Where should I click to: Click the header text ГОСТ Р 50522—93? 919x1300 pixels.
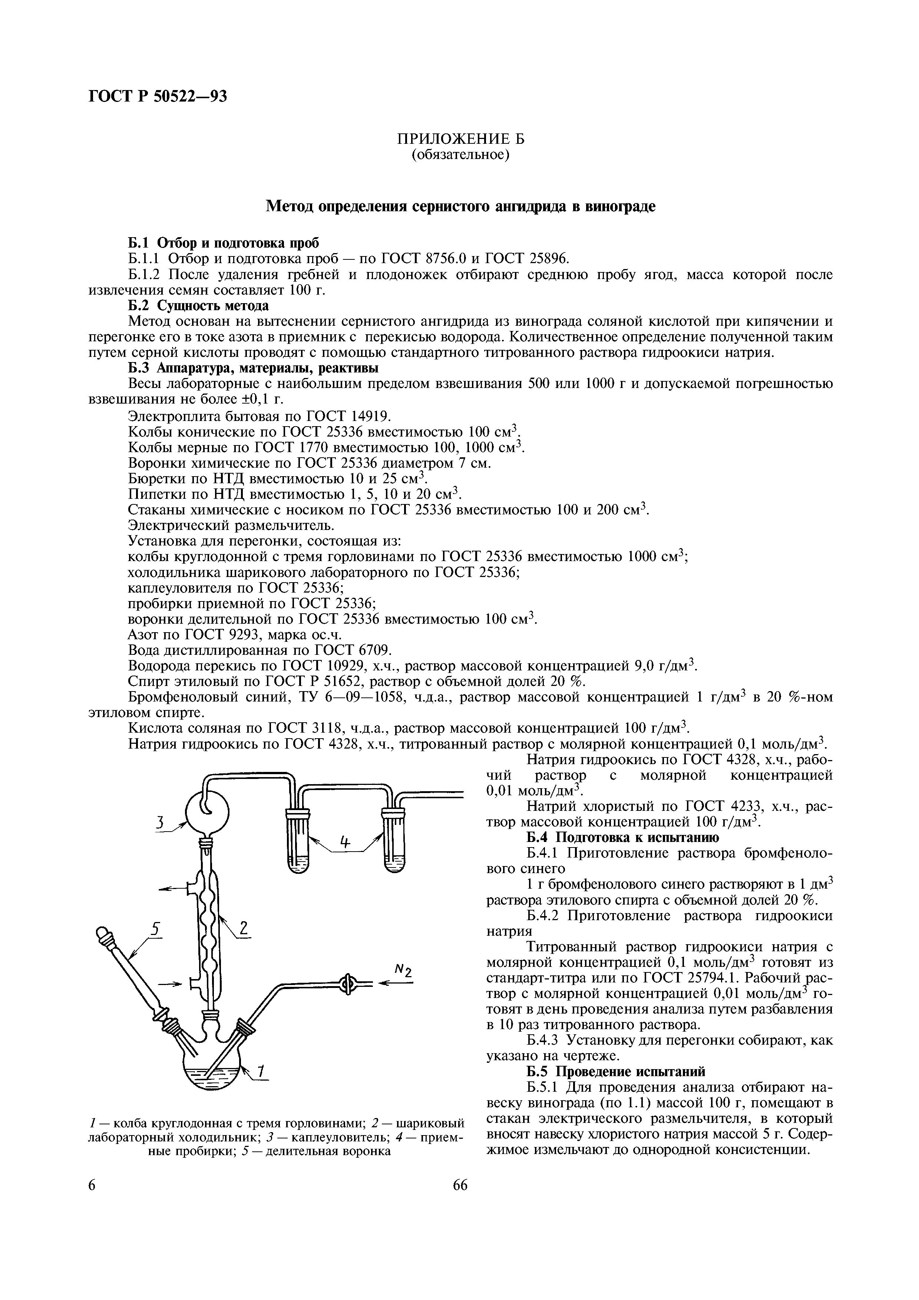(158, 97)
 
